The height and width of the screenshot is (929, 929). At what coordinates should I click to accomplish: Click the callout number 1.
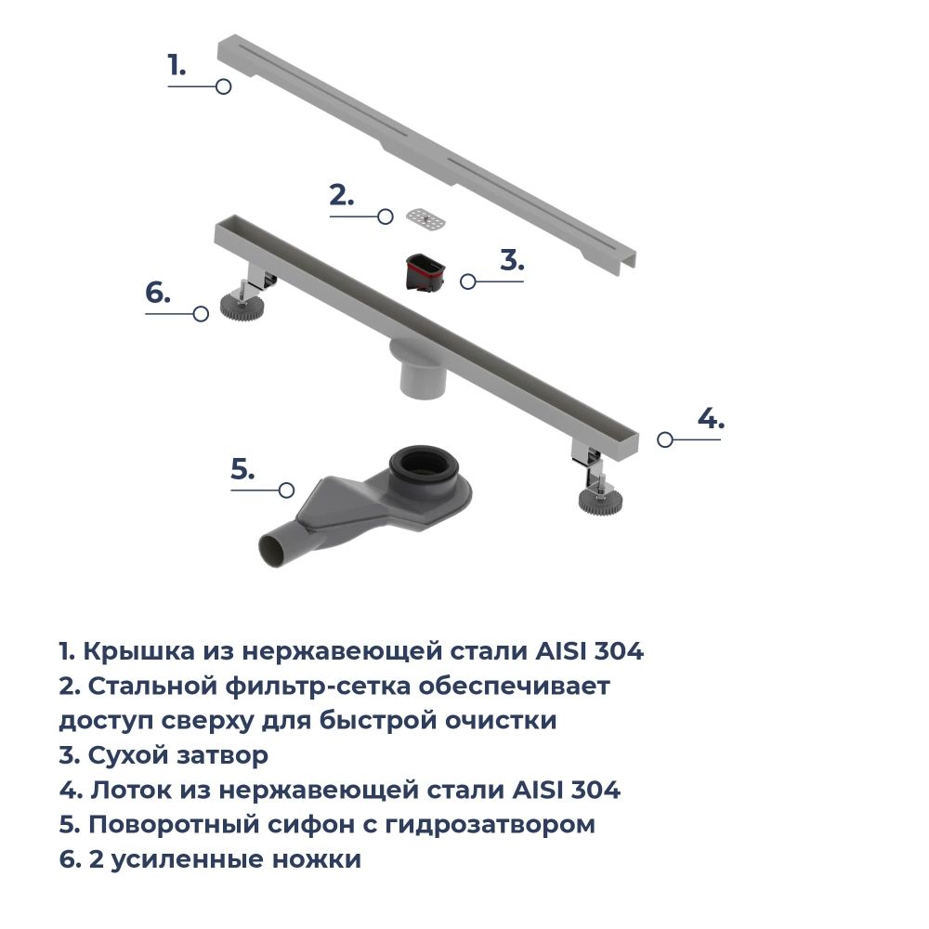(177, 65)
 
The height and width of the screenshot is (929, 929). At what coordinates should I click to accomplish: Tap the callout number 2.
(341, 195)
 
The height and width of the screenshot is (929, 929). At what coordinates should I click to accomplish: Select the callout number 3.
(512, 259)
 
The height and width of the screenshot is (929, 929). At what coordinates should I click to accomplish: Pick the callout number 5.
(242, 469)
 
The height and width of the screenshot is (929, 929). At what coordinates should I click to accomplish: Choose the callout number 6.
(158, 293)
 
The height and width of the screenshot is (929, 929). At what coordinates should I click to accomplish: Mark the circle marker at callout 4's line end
(664, 440)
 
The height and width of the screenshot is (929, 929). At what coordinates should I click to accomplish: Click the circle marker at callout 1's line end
(223, 86)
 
